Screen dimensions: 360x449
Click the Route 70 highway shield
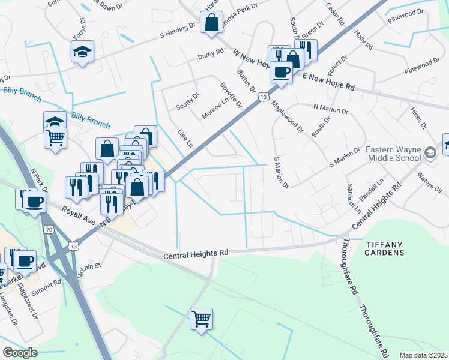pyautogui.click(x=47, y=229)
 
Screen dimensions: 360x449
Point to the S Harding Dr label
pyautogui.click(x=178, y=31)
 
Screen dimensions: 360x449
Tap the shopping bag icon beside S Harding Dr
pyautogui.click(x=212, y=23)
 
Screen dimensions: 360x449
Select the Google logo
pyautogui.click(x=19, y=353)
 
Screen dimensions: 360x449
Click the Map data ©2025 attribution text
pyautogui.click(x=423, y=355)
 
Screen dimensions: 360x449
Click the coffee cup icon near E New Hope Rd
pyautogui.click(x=280, y=71)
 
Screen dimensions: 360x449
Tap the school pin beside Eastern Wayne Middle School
pyautogui.click(x=429, y=153)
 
